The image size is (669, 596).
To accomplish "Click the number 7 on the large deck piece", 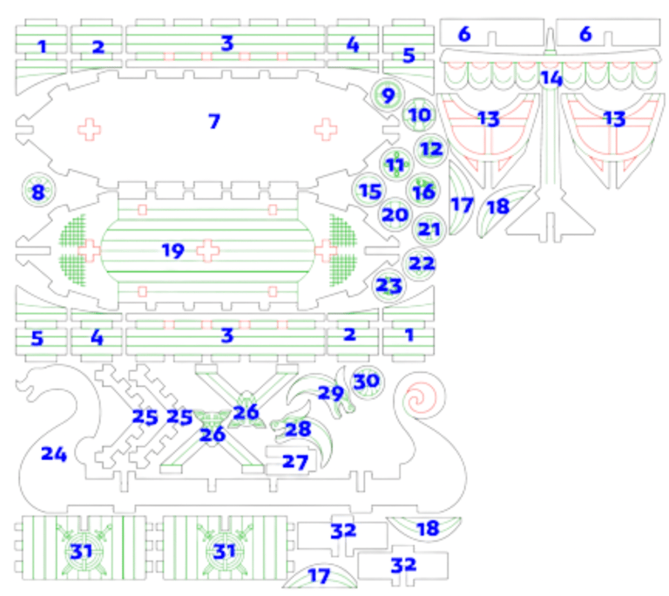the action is click(213, 121).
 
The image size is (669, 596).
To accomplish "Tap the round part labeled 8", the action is click(37, 192).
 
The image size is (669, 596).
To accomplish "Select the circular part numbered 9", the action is click(388, 94).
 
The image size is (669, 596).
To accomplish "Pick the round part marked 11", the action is click(396, 164).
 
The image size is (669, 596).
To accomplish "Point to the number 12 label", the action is click(431, 148).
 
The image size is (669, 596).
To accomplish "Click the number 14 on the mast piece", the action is click(551, 78).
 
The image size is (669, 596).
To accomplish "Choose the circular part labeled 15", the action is click(370, 190).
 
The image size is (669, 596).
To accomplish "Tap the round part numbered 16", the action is click(423, 191).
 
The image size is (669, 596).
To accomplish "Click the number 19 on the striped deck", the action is click(173, 251).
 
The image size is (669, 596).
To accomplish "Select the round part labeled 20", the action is click(395, 214).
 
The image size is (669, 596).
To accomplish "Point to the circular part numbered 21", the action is click(429, 229).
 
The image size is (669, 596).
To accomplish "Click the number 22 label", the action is click(422, 263).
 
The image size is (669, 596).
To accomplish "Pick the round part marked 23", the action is click(389, 286).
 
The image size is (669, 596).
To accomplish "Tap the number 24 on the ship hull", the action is click(53, 454).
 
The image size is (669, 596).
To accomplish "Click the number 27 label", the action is click(295, 462).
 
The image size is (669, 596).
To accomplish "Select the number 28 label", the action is click(297, 429).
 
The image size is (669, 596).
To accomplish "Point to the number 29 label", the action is click(330, 393).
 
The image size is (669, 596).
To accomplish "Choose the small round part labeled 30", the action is click(367, 381).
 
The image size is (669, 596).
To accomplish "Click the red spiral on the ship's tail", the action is click(421, 399).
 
